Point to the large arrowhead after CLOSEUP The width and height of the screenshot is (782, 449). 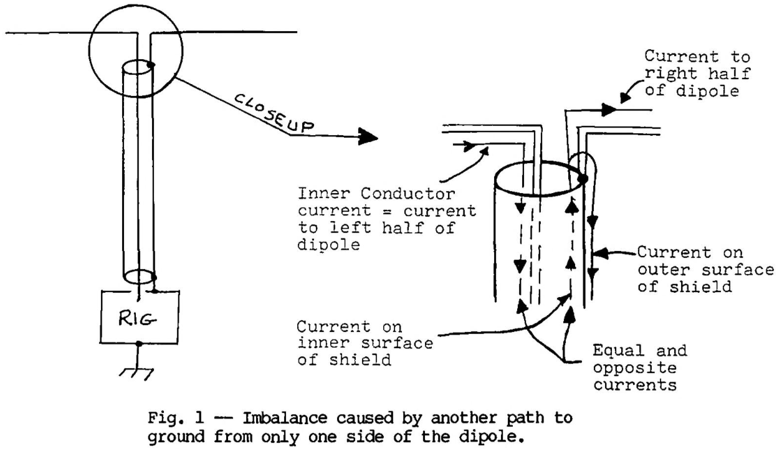368,135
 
